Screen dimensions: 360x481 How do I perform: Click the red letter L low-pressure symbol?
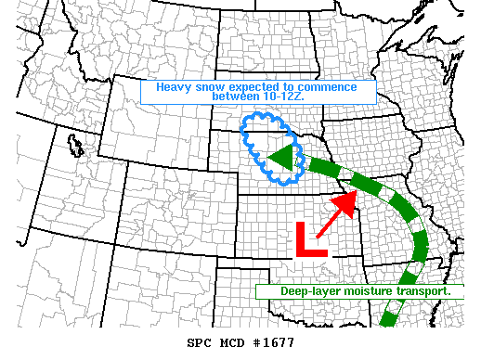point(310,239)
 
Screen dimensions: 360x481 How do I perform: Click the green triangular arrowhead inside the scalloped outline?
point(280,158)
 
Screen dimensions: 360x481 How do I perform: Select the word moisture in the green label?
point(369,291)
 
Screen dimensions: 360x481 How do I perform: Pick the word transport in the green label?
point(423,291)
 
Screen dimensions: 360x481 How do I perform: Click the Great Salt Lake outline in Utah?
point(74,145)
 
